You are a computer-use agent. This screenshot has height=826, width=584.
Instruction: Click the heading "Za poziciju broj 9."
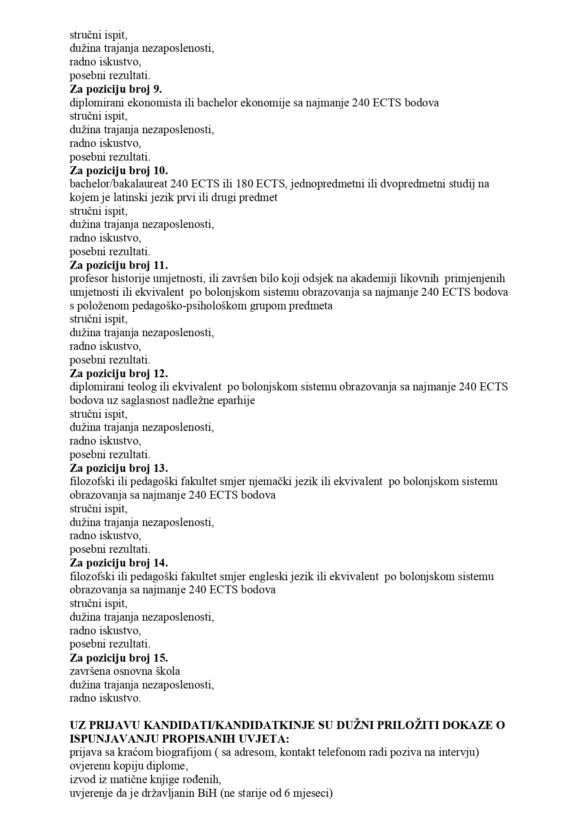[116, 89]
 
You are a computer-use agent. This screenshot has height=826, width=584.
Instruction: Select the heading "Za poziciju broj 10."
[119, 170]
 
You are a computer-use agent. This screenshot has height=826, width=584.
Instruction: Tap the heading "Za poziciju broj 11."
[119, 265]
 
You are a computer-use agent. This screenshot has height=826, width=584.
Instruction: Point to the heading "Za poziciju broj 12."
[119, 373]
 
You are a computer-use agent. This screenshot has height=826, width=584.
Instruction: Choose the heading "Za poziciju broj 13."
[119, 468]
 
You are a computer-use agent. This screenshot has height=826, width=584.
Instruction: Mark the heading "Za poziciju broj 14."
[119, 563]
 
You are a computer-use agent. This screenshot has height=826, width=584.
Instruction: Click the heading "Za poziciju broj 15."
[119, 657]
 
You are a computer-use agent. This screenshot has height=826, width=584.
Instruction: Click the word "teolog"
[144, 387]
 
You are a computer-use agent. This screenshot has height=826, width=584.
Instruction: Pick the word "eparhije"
[237, 401]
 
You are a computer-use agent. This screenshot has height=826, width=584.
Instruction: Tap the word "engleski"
[269, 576]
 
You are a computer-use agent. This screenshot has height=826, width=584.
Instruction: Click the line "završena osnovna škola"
[125, 671]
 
